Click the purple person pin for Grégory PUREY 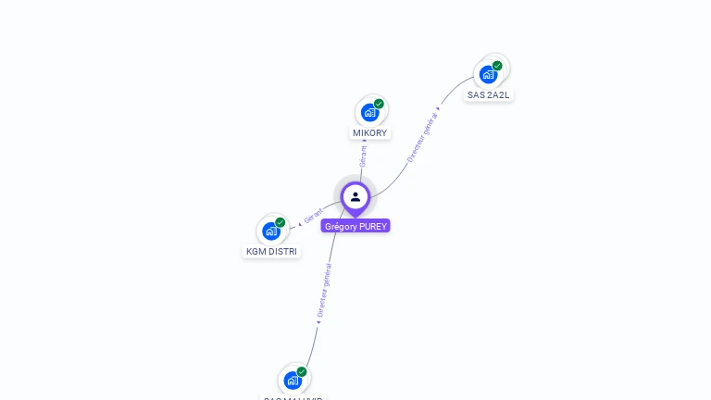pos(355,197)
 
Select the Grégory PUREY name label pos(356,226)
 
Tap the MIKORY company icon pos(370,113)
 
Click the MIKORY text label pos(370,133)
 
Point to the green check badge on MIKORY pos(379,104)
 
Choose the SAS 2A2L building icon pos(488,74)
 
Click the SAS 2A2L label pos(488,94)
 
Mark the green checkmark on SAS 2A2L pos(497,66)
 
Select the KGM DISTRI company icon pos(271,231)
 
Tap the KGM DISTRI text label pos(272,251)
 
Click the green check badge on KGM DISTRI pos(280,222)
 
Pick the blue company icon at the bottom pos(293,380)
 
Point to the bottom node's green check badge pos(302,371)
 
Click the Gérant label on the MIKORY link pos(363,156)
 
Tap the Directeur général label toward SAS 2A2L pos(421,137)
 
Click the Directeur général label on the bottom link pos(324,290)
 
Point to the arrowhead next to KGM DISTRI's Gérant pos(300,224)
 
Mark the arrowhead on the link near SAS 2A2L pos(438,108)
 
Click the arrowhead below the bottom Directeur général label pos(318,322)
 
